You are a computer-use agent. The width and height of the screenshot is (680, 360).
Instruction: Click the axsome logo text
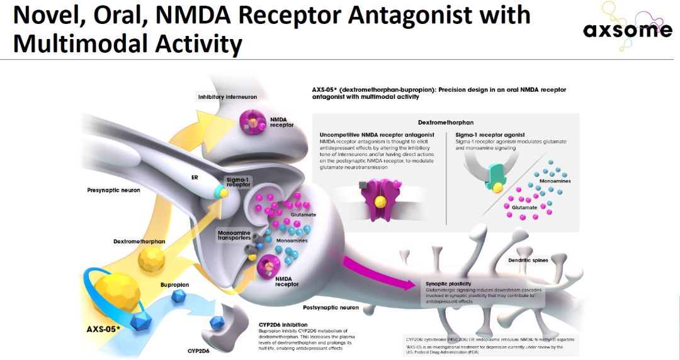coord(627,30)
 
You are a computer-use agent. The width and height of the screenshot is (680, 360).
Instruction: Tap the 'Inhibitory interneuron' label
coord(227,96)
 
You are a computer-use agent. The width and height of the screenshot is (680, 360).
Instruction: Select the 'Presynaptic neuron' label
coord(113,189)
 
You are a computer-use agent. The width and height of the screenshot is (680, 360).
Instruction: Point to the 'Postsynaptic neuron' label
coord(331,308)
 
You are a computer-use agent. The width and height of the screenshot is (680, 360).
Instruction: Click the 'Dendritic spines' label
coord(528,260)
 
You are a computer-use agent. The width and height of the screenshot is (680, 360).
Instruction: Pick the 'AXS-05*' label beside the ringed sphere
coord(104,329)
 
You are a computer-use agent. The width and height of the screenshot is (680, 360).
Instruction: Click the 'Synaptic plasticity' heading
coord(448,283)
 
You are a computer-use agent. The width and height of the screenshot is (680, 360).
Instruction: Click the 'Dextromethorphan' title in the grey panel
coord(445,122)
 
